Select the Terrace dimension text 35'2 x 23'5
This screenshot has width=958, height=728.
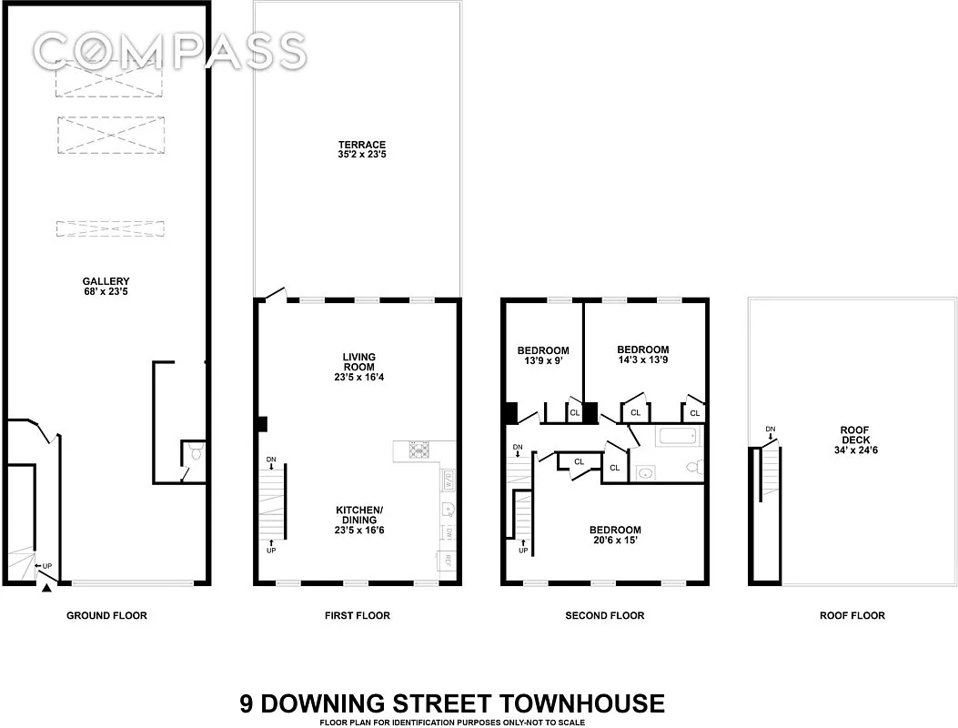coord(363,156)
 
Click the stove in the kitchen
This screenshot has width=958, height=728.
coord(419,449)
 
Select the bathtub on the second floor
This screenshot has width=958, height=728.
coord(677,437)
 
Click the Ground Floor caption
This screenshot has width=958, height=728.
coord(106,616)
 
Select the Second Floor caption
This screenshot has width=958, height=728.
coord(604,616)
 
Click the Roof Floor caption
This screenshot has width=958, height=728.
coord(852,616)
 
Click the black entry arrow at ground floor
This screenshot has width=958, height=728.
coord(45,588)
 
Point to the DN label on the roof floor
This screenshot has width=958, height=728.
coord(770,429)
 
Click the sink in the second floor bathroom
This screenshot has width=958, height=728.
coord(646,472)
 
